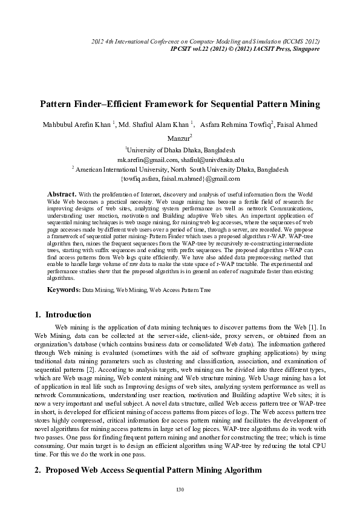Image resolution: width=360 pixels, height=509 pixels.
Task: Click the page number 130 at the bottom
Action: pos(180,488)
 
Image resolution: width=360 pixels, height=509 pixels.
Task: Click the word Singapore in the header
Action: pos(303,48)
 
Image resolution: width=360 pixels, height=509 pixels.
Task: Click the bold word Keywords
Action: pos(64,290)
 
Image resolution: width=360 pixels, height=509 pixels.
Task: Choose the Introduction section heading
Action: pos(68,315)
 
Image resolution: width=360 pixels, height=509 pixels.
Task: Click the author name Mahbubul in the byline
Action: pos(57,125)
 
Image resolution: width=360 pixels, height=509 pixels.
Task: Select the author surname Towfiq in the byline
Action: pos(257,125)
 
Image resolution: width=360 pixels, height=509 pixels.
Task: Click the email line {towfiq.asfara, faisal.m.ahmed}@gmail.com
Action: pos(180,178)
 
